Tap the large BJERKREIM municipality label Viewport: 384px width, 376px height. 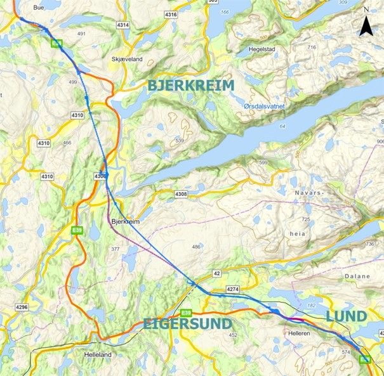[191, 85]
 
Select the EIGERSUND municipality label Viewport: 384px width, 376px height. [182, 323]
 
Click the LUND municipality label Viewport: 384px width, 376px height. [346, 316]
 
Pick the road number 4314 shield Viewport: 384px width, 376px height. [123, 25]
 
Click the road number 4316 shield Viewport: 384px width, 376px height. [170, 14]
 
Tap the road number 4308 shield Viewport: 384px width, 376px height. [181, 193]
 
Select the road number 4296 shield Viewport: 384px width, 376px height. [22, 307]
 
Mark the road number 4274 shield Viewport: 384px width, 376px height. [232, 289]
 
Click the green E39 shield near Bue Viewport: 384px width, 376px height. [57, 42]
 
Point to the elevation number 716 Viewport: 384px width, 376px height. [311, 48]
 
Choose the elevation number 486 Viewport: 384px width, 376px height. [196, 247]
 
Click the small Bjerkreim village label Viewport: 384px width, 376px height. [124, 222]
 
